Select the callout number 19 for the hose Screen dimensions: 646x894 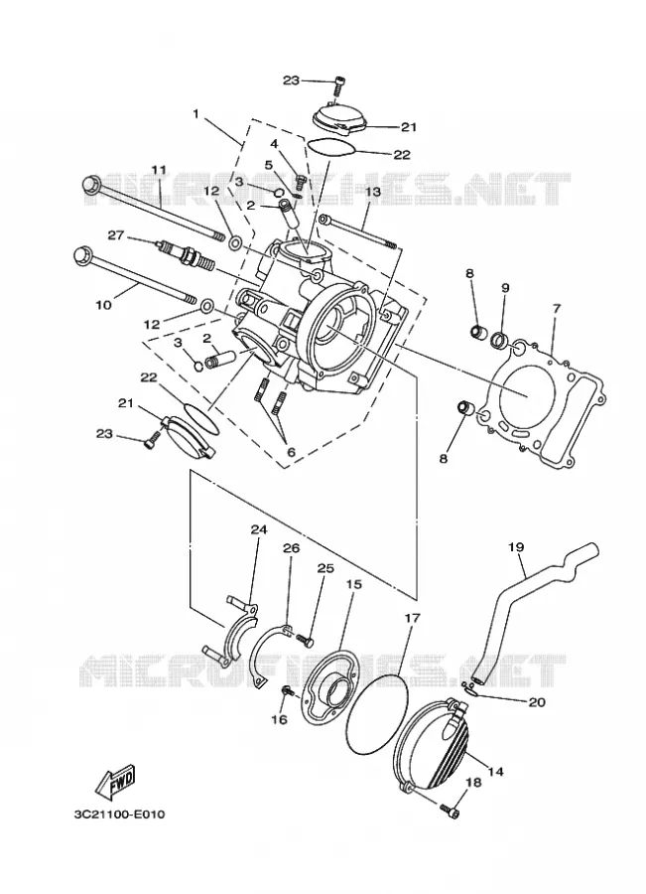tap(516, 547)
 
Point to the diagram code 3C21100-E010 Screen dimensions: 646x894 tap(119, 815)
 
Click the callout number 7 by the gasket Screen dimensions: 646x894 tap(556, 310)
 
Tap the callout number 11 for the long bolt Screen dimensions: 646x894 tap(159, 170)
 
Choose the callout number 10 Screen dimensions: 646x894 tap(103, 305)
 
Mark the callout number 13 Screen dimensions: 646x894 tap(372, 192)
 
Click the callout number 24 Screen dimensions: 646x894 tap(259, 529)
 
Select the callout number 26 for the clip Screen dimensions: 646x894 tap(291, 548)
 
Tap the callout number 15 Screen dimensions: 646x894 tap(353, 584)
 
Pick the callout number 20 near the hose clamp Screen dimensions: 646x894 tap(537, 702)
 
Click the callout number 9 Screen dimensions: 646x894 tap(505, 288)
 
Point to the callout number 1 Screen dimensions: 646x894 tap(195, 114)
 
